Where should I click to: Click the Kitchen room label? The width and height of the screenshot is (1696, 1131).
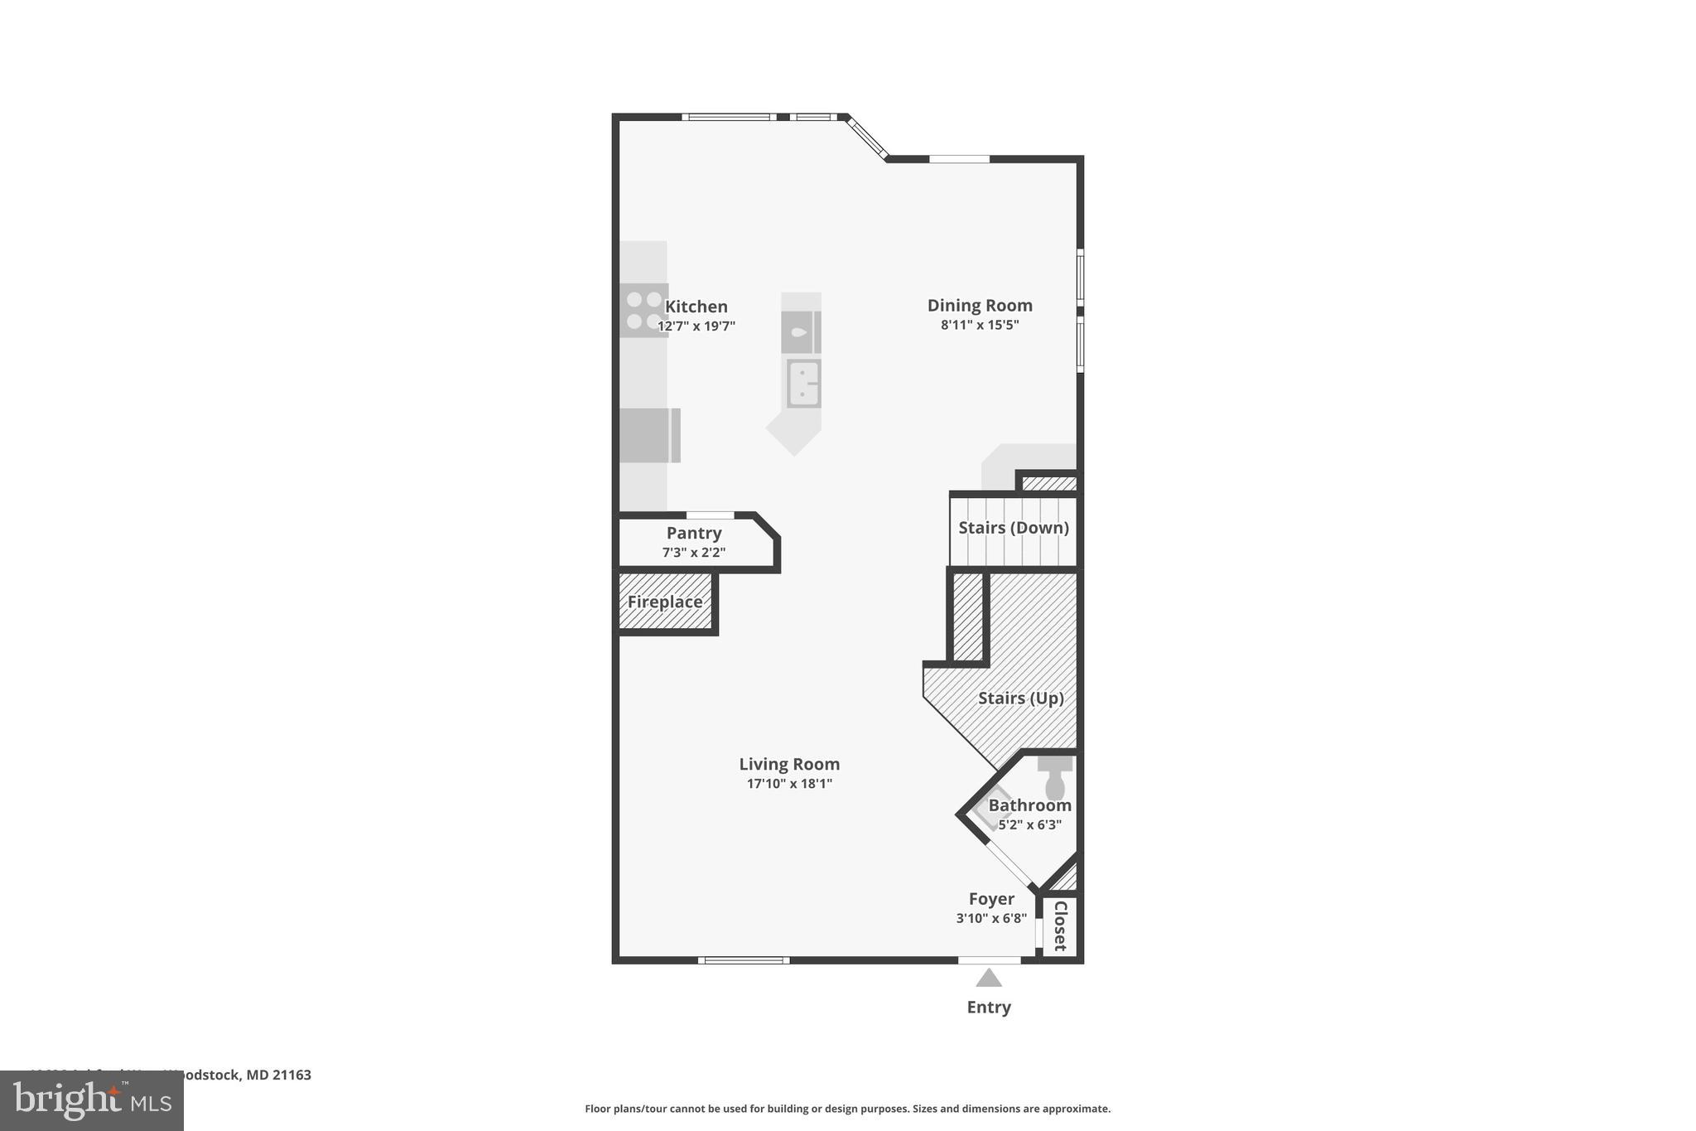[696, 307]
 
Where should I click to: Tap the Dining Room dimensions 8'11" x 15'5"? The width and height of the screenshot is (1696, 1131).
[979, 325]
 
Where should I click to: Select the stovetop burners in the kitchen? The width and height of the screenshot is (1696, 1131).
[643, 310]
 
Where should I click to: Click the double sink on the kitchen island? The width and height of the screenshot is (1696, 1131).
[802, 384]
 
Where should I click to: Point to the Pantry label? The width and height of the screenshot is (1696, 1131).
[694, 533]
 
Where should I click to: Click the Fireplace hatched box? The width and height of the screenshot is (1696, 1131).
[665, 602]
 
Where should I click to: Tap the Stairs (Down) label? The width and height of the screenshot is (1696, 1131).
[1013, 528]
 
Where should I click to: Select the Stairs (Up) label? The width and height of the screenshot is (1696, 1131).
[1020, 698]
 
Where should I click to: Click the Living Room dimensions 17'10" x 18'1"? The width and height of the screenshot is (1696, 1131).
[789, 783]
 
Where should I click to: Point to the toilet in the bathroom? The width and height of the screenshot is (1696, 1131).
[1055, 778]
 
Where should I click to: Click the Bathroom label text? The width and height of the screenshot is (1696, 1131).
[1029, 805]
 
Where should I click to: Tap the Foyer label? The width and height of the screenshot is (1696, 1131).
[991, 899]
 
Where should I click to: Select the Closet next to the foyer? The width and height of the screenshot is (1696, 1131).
[1060, 926]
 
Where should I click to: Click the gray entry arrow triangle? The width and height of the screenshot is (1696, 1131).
[989, 979]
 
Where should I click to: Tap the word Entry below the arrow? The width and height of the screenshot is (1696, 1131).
[989, 1007]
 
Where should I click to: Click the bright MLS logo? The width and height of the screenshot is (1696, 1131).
[92, 1100]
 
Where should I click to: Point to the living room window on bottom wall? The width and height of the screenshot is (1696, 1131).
[743, 960]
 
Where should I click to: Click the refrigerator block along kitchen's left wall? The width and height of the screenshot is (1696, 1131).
[649, 435]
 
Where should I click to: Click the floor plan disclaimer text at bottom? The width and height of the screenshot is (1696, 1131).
[847, 1109]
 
